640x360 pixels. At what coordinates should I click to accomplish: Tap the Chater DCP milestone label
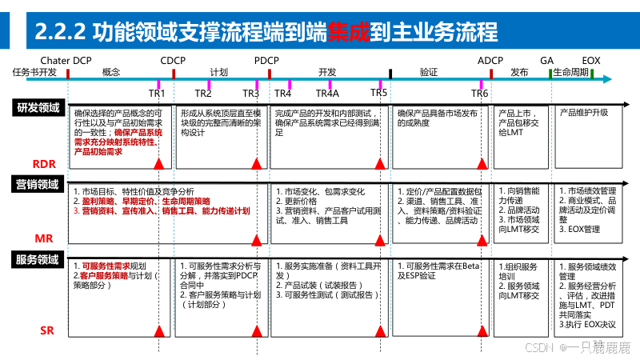(x=66, y=61)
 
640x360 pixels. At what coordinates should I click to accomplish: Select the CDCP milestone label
(x=173, y=61)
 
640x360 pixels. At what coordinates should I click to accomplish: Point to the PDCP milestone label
(x=266, y=61)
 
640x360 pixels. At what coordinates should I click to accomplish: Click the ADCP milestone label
(x=490, y=61)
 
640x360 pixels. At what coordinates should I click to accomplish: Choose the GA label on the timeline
(x=547, y=61)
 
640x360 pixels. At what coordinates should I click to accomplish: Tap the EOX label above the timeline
(x=591, y=61)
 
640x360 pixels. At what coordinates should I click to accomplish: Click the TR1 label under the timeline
(x=158, y=93)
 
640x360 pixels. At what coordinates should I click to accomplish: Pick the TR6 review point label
(x=479, y=93)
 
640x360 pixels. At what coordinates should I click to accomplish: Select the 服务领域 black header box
(x=38, y=259)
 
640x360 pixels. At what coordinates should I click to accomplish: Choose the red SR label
(x=47, y=330)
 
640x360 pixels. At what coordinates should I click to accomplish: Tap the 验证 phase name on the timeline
(x=429, y=72)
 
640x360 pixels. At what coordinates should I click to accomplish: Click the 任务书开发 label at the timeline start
(x=34, y=72)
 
